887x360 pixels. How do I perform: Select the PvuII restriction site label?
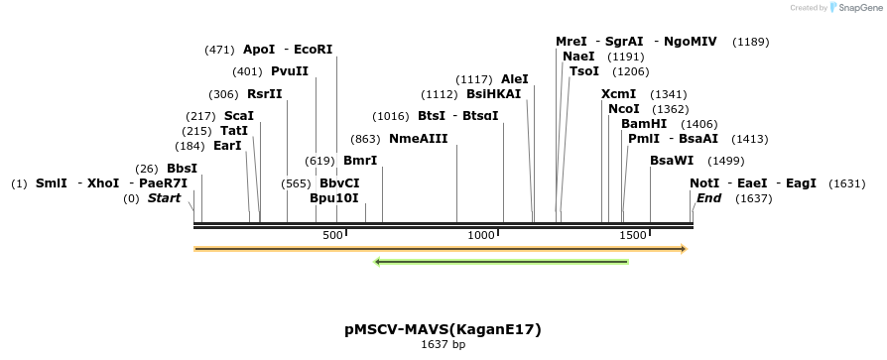click(290, 71)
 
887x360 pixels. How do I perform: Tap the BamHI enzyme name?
click(644, 123)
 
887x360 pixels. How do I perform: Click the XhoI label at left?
click(103, 183)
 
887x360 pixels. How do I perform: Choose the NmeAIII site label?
click(418, 138)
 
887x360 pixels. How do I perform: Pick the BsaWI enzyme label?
click(672, 161)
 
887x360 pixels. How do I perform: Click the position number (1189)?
click(750, 42)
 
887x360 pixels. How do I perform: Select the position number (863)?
click(366, 139)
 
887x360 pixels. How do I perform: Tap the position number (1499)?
click(725, 161)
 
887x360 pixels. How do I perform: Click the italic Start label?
click(164, 198)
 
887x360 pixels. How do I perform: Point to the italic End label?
click(708, 198)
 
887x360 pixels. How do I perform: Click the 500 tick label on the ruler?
click(332, 235)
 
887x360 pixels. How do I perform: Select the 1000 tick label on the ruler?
click(481, 235)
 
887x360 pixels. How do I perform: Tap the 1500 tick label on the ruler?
click(633, 235)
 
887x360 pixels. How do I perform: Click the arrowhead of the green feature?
click(378, 262)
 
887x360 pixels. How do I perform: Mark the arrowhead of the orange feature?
click(682, 248)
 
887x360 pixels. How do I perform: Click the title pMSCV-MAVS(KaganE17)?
click(443, 329)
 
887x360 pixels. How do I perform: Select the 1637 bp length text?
click(443, 345)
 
